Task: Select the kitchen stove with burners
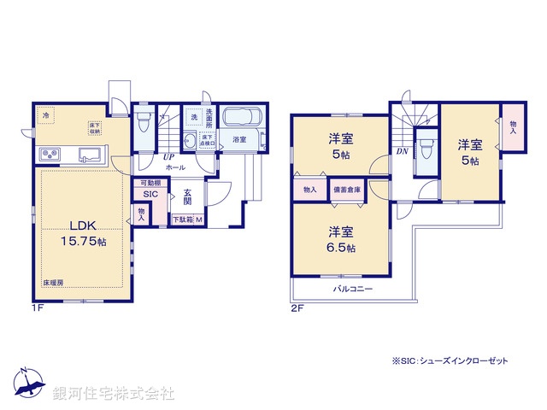click(50, 154)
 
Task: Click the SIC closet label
click(150, 195)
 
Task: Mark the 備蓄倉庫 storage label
click(346, 190)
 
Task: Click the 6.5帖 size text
click(340, 248)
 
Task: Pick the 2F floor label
click(297, 307)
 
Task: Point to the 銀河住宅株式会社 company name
click(114, 394)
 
